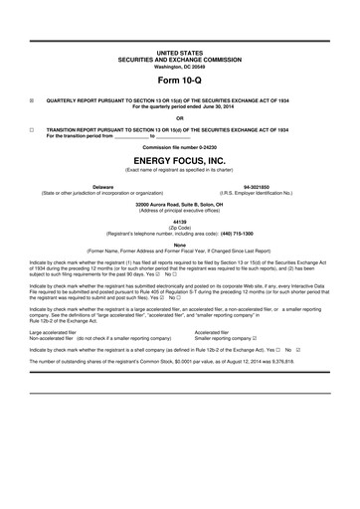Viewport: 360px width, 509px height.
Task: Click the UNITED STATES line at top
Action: coord(180,48)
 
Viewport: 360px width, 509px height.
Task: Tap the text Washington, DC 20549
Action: coord(180,61)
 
